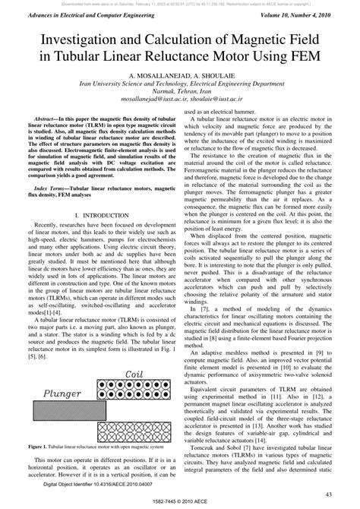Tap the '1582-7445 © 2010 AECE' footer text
pyautogui.click(x=180, y=501)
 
